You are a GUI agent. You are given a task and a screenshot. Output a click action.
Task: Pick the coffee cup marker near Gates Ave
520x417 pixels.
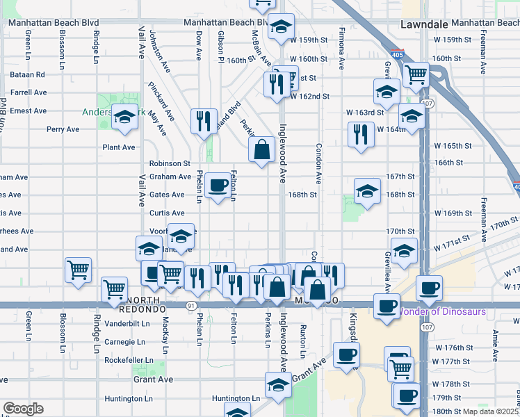pos(218,185)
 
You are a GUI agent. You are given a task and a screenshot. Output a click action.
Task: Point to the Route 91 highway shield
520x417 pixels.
pos(190,305)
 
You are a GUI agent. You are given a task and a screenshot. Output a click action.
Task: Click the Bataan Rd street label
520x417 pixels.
pos(27,74)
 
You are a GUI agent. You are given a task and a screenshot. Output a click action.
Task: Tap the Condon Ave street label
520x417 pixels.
pos(319,164)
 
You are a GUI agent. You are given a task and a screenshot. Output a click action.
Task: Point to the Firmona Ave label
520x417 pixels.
pos(341,49)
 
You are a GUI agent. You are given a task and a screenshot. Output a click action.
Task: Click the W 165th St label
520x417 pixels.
pos(452,146)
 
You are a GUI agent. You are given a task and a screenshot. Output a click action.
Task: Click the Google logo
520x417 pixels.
pos(23,409)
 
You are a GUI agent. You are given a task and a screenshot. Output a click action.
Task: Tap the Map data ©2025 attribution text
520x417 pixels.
pos(490,411)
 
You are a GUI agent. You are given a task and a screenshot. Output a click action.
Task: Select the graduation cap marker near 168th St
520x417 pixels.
pos(367,191)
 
